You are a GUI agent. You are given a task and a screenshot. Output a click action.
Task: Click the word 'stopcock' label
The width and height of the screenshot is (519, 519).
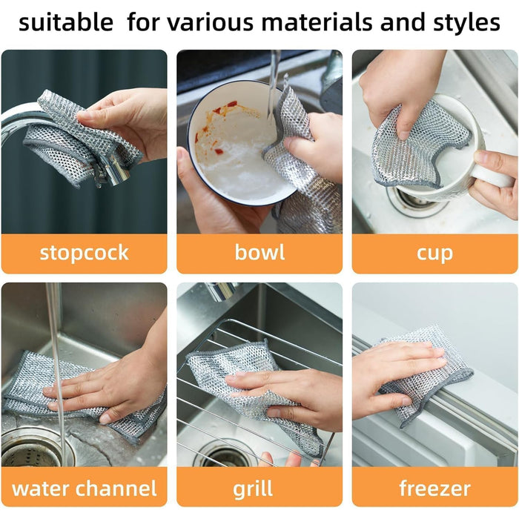[x=84, y=252]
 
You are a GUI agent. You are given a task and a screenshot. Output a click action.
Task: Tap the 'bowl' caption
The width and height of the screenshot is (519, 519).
[x=259, y=252]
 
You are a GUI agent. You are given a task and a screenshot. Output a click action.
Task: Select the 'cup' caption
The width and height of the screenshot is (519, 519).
[x=434, y=252]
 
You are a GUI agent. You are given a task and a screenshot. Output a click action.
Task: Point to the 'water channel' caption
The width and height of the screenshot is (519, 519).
[x=84, y=489]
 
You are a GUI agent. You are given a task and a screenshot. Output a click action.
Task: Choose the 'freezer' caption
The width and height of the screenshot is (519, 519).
[x=434, y=489]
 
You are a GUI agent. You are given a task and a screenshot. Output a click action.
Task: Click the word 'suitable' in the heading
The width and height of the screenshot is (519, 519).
[x=66, y=23]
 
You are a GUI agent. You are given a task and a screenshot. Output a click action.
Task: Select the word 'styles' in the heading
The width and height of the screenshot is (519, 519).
[x=459, y=23]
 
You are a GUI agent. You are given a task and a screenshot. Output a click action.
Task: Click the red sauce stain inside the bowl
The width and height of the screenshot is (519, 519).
[x=222, y=111]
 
